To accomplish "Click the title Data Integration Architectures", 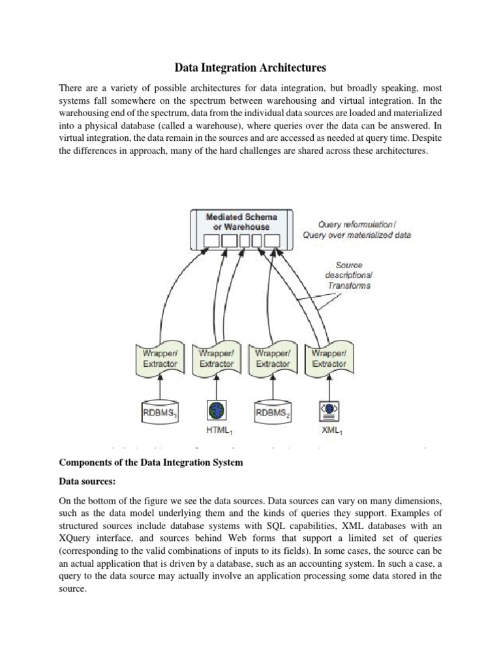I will point(250,67).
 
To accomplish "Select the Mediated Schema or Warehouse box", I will point(241,230).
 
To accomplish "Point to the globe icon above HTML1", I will point(216,409).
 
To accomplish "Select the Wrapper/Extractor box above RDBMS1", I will point(160,358).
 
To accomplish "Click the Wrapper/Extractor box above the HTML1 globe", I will point(216,358).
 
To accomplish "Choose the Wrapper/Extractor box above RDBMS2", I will point(273,358).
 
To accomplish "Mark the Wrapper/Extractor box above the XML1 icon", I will point(329,358).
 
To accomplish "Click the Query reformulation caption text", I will point(357,230).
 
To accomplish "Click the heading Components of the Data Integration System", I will point(151,463).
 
